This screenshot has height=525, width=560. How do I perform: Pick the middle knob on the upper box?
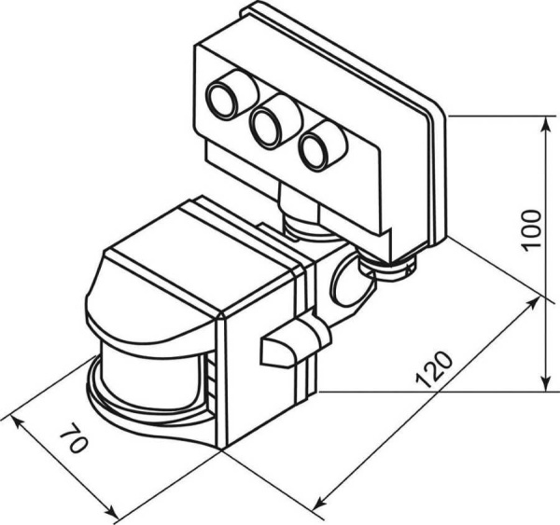[x=269, y=122]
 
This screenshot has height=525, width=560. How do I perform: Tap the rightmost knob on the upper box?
[x=318, y=146]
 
